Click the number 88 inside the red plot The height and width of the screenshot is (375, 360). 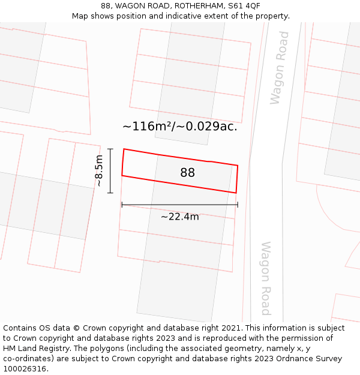tap(187, 173)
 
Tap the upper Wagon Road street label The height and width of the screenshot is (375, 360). tap(279, 68)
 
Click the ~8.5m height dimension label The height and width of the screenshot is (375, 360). tap(98, 171)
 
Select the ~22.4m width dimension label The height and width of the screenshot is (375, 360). tap(179, 217)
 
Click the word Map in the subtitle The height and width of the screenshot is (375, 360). tap(81, 16)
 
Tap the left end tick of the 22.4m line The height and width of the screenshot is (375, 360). tap(122, 205)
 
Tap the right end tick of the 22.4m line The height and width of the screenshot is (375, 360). tap(238, 205)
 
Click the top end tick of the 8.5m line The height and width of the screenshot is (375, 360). tap(110, 149)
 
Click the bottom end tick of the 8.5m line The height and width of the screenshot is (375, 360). tap(110, 193)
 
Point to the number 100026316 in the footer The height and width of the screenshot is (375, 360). tap(23, 368)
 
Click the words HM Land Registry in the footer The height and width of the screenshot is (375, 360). tap(34, 348)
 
